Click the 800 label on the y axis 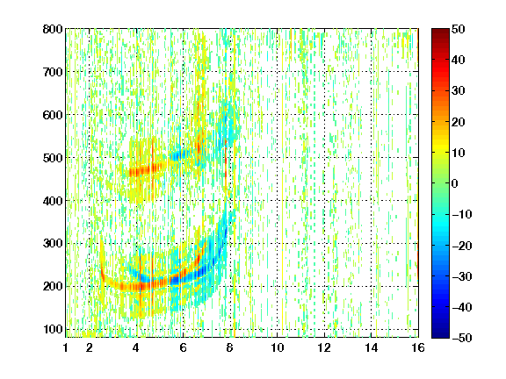(x=53, y=29)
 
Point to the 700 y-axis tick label (x=53, y=72)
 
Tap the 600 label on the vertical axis (x=53, y=115)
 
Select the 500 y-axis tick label (x=53, y=158)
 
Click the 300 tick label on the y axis (x=53, y=243)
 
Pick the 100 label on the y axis (x=53, y=329)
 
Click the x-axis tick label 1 (x=66, y=347)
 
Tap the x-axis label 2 (x=90, y=347)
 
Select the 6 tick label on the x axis (x=184, y=347)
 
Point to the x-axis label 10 (x=278, y=347)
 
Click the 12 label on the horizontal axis (x=324, y=347)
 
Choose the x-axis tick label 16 (x=418, y=347)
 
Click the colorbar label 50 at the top (x=459, y=29)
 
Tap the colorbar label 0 (x=455, y=183)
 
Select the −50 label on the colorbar (x=462, y=338)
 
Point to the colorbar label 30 (x=459, y=90)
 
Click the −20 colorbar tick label (x=462, y=246)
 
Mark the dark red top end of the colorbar (x=440, y=31)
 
